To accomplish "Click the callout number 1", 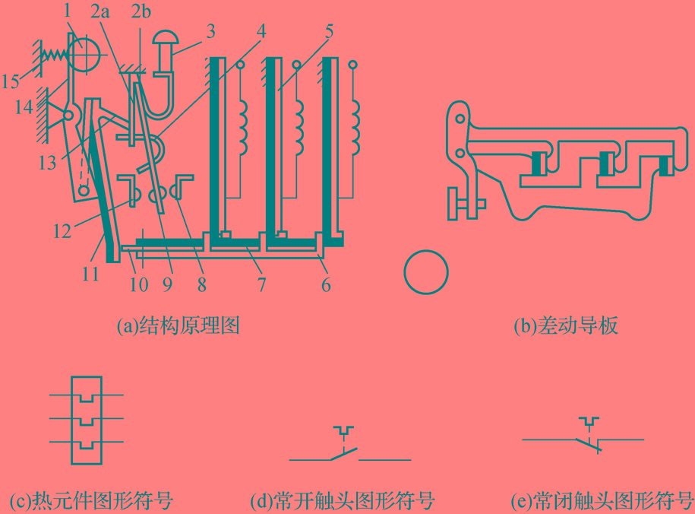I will coord(68,11).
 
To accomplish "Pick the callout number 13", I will coord(47,162).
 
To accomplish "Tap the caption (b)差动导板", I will coord(566,326).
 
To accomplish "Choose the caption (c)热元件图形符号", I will coord(91,501).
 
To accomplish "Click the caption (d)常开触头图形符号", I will coord(343,501).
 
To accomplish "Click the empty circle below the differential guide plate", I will coord(426,271).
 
